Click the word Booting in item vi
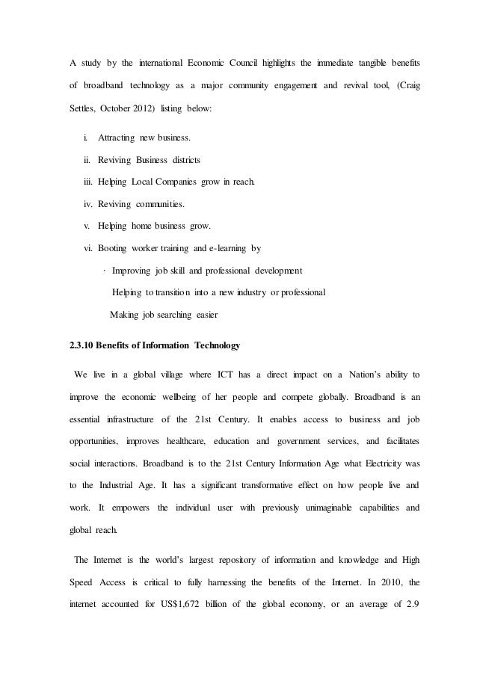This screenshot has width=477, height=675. (112, 247)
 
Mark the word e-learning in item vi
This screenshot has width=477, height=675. (234, 247)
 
